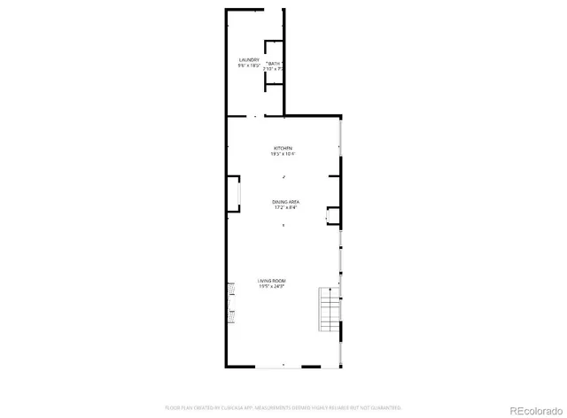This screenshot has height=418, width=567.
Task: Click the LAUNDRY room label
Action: [x=248, y=59]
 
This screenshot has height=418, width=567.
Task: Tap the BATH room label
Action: [x=274, y=65]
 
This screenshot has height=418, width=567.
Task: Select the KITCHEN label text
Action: [x=283, y=148]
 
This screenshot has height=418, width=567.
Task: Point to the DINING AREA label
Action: [x=285, y=202]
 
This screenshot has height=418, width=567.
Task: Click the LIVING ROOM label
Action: [x=272, y=281]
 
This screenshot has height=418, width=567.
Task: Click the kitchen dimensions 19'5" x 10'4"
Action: [x=283, y=154]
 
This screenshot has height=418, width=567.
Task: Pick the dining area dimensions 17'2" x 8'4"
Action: [x=285, y=208]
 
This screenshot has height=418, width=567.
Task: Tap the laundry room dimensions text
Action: [x=248, y=66]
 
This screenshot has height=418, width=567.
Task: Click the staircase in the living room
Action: [x=330, y=311]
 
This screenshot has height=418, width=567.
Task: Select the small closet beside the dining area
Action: [x=333, y=213]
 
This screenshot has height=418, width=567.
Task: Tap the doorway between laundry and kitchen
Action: [x=257, y=116]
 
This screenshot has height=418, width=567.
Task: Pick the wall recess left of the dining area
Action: [x=233, y=194]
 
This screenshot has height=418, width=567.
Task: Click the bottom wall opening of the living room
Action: [x=283, y=366]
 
